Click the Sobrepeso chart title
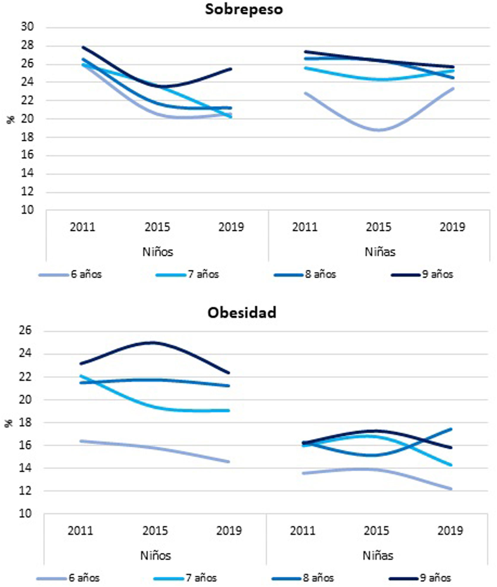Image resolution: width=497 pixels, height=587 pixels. (x=244, y=9)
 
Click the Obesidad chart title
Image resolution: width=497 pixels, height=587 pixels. (x=242, y=312)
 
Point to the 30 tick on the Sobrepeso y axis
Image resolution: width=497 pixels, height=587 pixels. (x=27, y=27)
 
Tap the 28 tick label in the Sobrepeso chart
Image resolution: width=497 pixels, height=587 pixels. (x=27, y=45)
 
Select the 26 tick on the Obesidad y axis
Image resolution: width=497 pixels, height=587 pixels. (x=26, y=330)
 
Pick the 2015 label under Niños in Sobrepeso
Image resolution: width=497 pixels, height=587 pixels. (x=157, y=227)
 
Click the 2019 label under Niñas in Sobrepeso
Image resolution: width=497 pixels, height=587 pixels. (x=452, y=227)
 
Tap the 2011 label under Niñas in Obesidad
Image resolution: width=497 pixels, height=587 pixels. (x=303, y=531)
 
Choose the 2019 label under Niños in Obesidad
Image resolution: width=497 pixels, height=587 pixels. (x=229, y=531)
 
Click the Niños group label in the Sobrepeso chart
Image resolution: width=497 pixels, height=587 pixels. (x=158, y=252)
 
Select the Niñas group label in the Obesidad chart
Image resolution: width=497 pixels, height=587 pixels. (x=378, y=556)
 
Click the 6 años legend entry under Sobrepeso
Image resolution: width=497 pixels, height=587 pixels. (x=86, y=274)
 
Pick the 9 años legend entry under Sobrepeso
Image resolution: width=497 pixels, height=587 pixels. (x=437, y=274)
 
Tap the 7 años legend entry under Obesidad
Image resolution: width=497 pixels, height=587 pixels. (x=201, y=578)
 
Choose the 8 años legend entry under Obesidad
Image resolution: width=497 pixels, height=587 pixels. (x=318, y=578)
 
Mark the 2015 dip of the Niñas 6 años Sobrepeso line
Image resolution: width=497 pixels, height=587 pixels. (x=379, y=130)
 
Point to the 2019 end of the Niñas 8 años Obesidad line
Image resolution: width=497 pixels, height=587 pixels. (x=451, y=429)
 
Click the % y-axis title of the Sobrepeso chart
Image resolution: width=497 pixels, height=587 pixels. (x=10, y=119)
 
